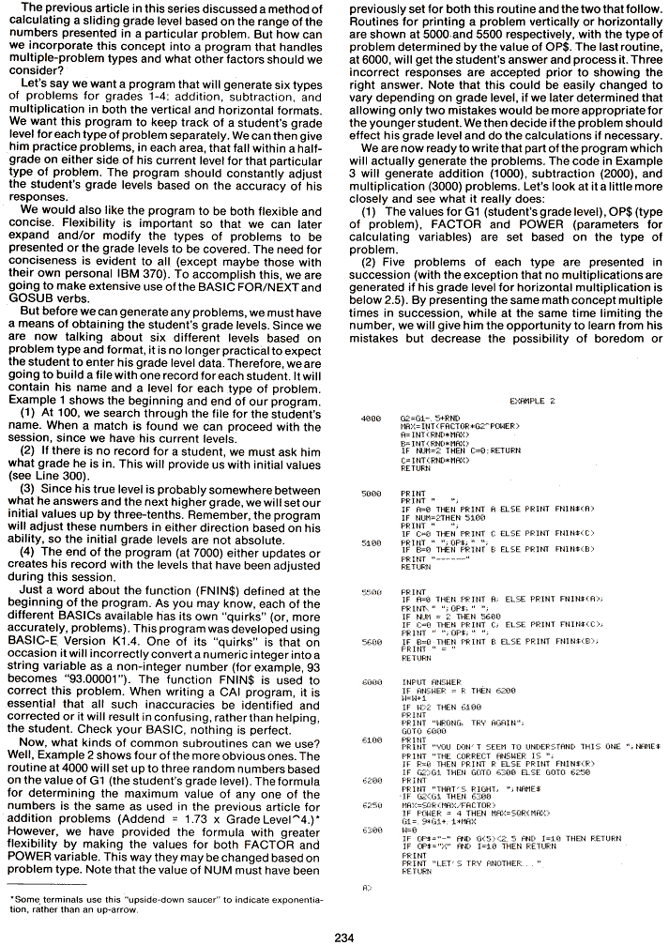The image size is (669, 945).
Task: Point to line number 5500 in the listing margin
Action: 370,592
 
